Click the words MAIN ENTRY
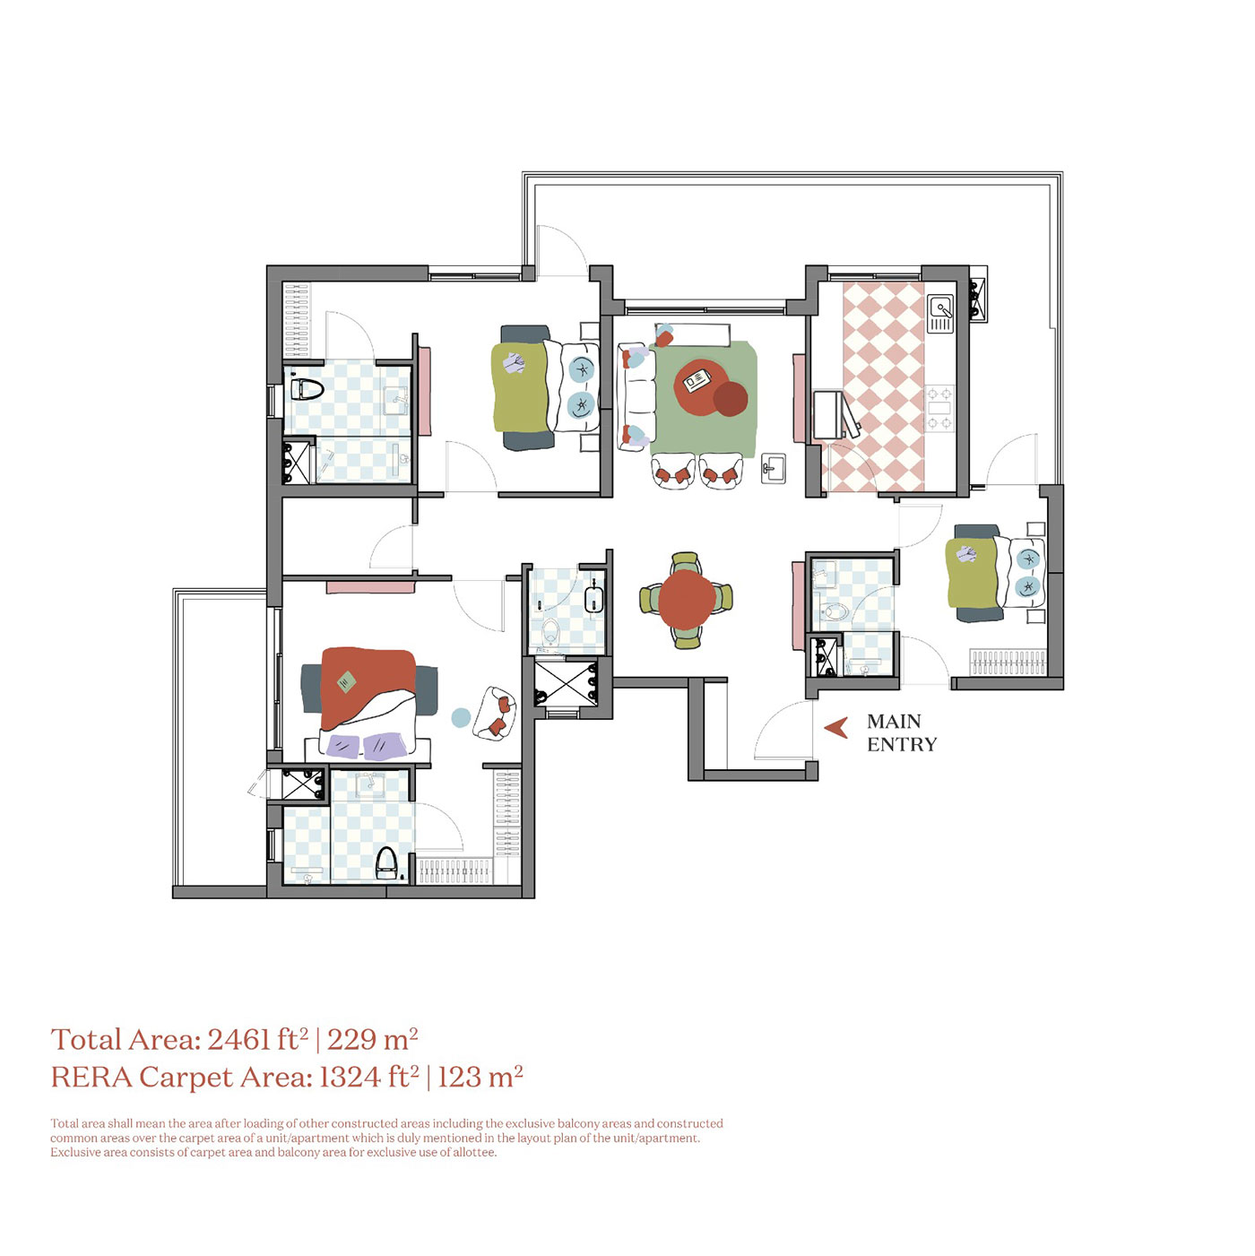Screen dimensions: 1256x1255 (901, 732)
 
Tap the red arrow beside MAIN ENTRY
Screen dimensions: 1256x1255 (836, 727)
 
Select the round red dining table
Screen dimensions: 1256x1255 (687, 599)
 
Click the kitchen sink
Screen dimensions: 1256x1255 (940, 313)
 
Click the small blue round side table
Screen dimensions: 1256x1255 (461, 717)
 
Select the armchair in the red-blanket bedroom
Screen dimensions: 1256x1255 (495, 713)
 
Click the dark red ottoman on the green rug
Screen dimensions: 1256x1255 (730, 399)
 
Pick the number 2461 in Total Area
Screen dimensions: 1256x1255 (238, 1040)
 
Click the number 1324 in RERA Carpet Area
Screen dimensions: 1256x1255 (351, 1077)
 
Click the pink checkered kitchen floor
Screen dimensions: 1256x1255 (883, 385)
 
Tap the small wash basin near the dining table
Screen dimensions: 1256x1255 (773, 468)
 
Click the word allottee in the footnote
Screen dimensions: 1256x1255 (473, 1152)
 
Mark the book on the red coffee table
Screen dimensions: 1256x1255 (697, 381)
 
